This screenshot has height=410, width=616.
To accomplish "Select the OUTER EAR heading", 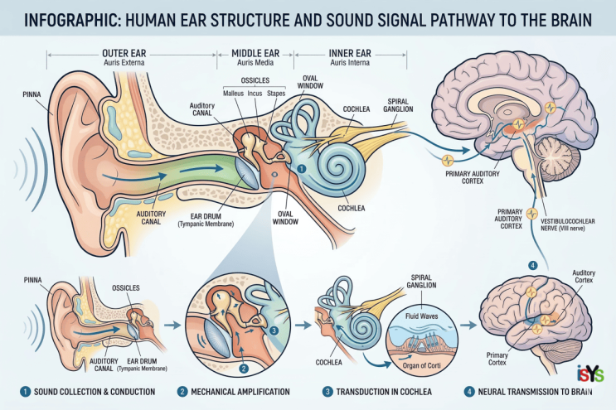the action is [x=124, y=53].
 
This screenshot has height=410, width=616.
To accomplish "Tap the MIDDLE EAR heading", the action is [x=255, y=53].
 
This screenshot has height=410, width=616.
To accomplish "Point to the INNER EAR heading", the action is [x=350, y=53].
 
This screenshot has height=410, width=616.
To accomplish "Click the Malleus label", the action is [x=233, y=94].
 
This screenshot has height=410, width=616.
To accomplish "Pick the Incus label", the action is [x=255, y=94].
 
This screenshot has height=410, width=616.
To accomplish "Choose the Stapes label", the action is [x=276, y=94].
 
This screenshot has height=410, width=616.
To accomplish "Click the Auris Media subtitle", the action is [x=255, y=63].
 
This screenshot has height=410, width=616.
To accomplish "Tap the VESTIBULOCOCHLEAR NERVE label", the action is [x=568, y=224].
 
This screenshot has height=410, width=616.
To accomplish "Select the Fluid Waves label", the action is [x=421, y=316].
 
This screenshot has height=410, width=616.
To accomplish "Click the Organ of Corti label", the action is [x=421, y=365].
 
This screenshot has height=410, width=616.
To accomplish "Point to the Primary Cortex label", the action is [x=497, y=359].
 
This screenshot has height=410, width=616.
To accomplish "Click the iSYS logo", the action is [x=590, y=374].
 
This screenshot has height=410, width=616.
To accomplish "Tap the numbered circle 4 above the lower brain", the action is [x=533, y=266].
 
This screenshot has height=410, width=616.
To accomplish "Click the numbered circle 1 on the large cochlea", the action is [x=301, y=169].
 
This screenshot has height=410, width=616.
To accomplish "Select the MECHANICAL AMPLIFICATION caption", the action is [x=240, y=392].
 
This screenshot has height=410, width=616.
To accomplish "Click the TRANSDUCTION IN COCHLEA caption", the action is [x=384, y=392].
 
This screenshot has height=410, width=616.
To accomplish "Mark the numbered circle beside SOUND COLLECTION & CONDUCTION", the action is [x=25, y=392].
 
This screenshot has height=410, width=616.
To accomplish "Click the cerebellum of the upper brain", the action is [x=558, y=157].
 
